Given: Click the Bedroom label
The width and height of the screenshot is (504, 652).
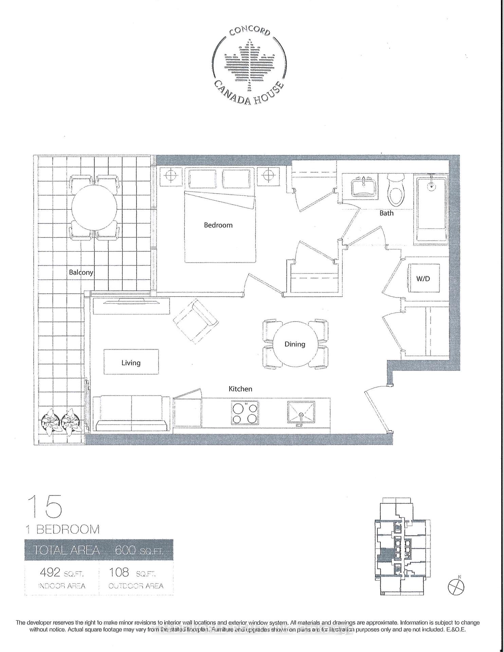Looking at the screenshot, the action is [x=218, y=225].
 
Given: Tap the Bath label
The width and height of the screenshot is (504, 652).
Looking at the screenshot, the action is [x=386, y=213].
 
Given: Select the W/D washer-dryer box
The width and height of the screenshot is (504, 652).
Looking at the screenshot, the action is [x=423, y=278].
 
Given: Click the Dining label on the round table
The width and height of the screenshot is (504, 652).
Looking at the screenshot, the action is [x=295, y=344].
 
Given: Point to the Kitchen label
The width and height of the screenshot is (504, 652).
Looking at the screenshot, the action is [x=240, y=389].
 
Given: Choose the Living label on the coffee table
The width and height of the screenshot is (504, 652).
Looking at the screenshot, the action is [x=131, y=363].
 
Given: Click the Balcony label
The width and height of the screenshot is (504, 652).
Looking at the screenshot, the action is [x=81, y=272].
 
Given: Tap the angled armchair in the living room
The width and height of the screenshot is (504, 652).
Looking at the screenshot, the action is [x=196, y=321].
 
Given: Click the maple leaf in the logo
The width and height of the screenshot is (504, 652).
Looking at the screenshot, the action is [x=250, y=65].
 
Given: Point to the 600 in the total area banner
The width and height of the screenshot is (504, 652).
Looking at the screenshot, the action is [x=126, y=550].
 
